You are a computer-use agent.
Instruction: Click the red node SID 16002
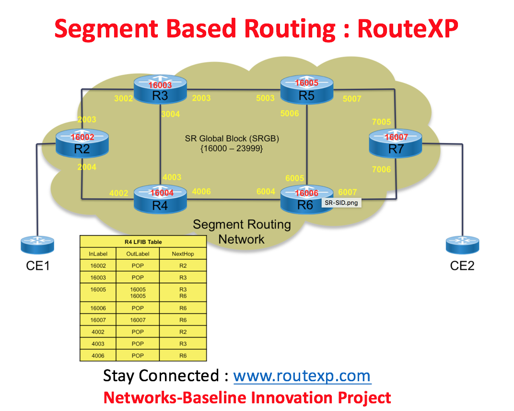82,137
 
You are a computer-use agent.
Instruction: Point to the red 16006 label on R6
306,193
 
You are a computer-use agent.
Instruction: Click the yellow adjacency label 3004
171,114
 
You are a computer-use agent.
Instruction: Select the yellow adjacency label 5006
290,114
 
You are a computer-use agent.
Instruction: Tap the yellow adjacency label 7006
381,169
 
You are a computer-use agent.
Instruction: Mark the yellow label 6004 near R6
266,192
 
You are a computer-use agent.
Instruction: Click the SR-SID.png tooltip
341,203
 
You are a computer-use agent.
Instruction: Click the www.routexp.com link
302,375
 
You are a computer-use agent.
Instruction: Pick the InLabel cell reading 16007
99,320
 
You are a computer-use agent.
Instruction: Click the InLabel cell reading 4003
99,344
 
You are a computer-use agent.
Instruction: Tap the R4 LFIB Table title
143,242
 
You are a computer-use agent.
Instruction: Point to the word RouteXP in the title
408,29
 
